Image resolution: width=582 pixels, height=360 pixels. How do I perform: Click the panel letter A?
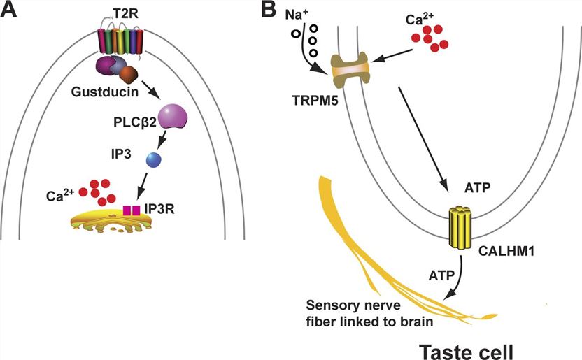tap(11, 11)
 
